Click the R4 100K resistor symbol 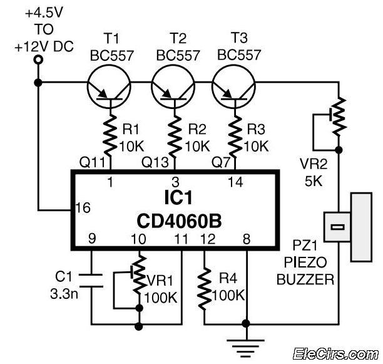point(205,288)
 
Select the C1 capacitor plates point(91,281)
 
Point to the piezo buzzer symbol point(349,227)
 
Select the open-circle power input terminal point(38,60)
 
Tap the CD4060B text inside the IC point(179,221)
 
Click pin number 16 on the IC point(83,208)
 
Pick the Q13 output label point(155,162)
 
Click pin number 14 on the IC point(235,182)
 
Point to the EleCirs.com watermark point(336,354)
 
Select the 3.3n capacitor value point(64,294)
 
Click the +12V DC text point(44,46)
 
